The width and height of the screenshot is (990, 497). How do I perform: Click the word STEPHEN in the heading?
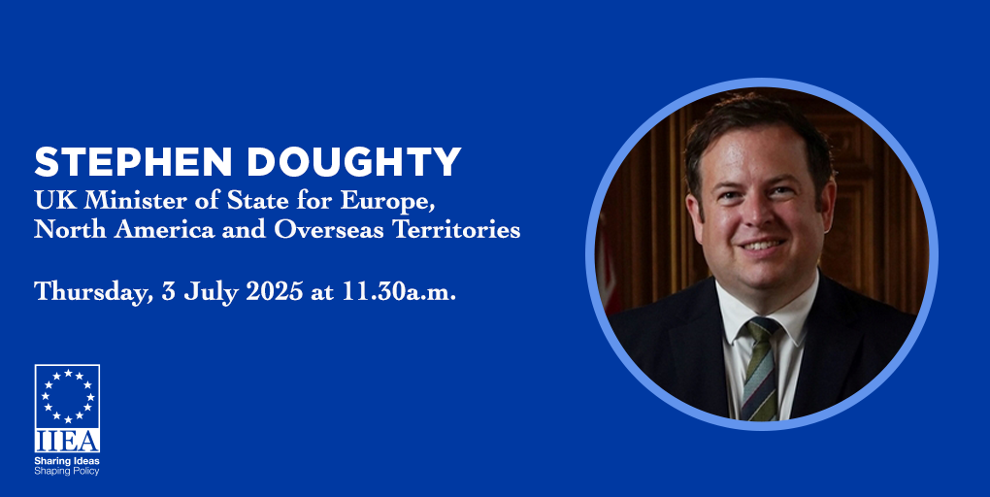[133, 162]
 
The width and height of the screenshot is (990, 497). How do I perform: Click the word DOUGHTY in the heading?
[354, 162]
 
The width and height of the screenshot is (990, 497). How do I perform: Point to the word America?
[165, 229]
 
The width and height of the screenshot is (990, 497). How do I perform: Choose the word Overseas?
[328, 229]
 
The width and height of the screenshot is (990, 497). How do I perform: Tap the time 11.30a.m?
[399, 292]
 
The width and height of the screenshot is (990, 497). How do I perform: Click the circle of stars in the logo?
[68, 396]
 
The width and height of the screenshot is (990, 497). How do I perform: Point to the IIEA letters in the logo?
[67, 441]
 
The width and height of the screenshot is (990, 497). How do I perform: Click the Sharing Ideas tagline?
[67, 462]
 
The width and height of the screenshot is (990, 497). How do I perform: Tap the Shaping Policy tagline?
[67, 472]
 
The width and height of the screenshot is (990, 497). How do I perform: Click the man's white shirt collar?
[765, 310]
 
